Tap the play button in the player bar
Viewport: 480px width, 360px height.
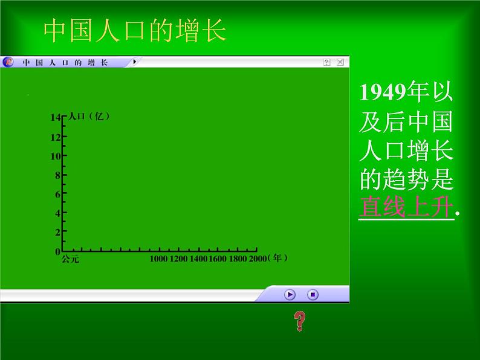click(290, 295)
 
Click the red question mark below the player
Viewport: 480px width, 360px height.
click(299, 321)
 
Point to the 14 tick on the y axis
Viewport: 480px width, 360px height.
click(56, 118)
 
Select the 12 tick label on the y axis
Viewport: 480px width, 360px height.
click(55, 137)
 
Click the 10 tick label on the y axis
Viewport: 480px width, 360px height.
click(55, 156)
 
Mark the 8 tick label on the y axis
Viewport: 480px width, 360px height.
click(57, 175)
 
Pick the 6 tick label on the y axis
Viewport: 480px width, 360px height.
click(57, 194)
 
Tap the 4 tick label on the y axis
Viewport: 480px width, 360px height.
click(57, 213)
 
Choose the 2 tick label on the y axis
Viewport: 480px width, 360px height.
click(57, 232)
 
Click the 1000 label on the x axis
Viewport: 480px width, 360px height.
click(159, 259)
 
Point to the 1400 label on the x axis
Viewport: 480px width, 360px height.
click(199, 259)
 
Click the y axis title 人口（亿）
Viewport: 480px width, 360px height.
click(89, 117)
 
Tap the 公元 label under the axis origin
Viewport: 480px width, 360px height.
click(70, 260)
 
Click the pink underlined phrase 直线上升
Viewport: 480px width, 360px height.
click(406, 207)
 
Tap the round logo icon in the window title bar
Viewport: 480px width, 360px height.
click(8, 62)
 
